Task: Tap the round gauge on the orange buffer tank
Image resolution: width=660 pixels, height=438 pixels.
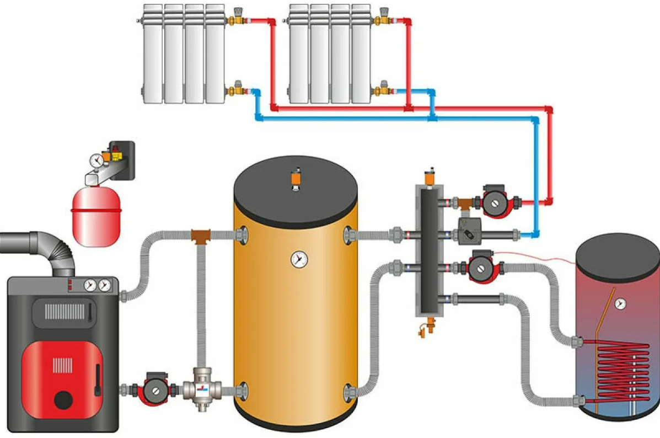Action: pos(299,259)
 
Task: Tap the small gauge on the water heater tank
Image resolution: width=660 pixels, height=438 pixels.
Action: pos(621,302)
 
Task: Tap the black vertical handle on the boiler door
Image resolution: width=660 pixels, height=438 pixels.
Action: pos(97,379)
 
